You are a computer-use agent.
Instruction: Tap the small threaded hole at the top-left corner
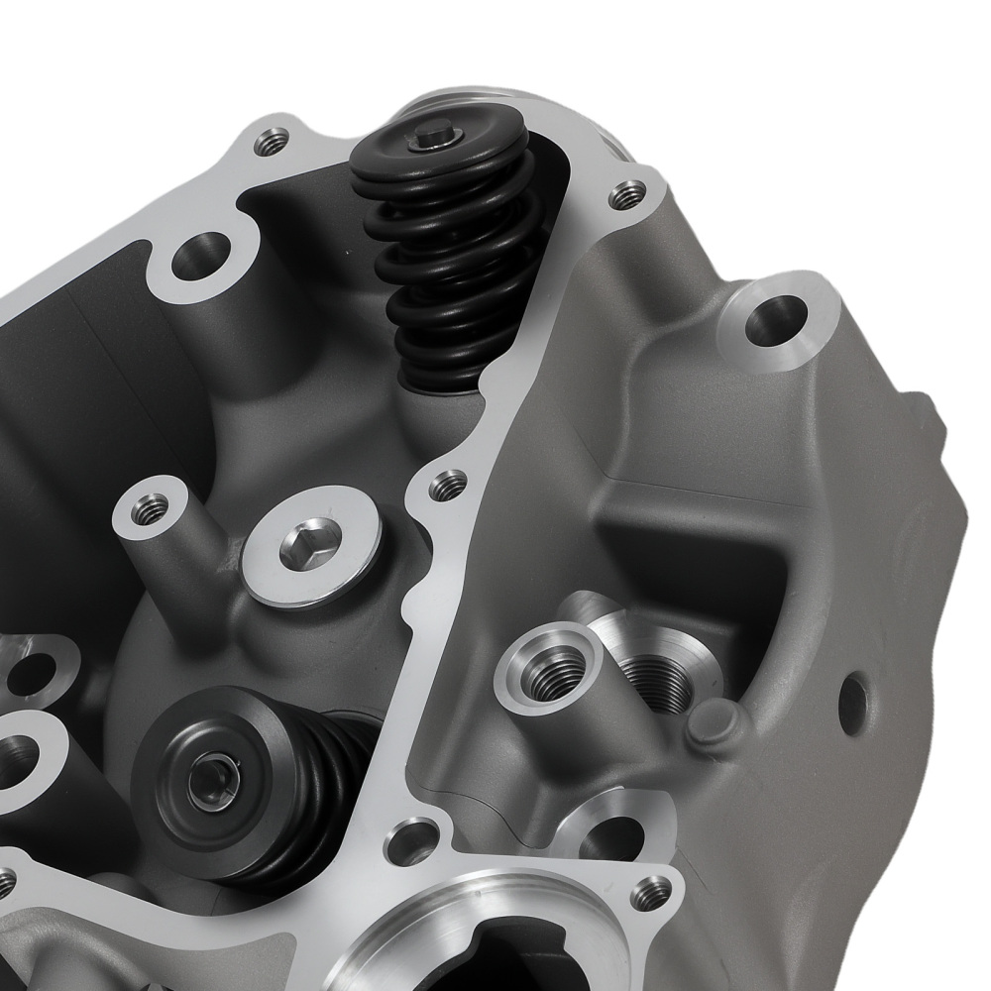270,144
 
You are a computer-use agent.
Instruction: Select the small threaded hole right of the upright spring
625,195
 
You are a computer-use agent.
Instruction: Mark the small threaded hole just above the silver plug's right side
449,485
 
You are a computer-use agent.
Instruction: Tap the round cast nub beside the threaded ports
714,724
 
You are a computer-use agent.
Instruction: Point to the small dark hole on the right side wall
851,705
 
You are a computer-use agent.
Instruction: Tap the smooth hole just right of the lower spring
405,841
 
